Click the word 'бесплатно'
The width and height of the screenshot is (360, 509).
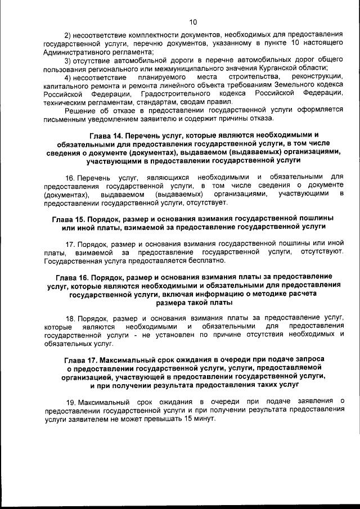[208, 261]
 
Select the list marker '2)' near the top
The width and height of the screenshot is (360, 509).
[70, 35]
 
